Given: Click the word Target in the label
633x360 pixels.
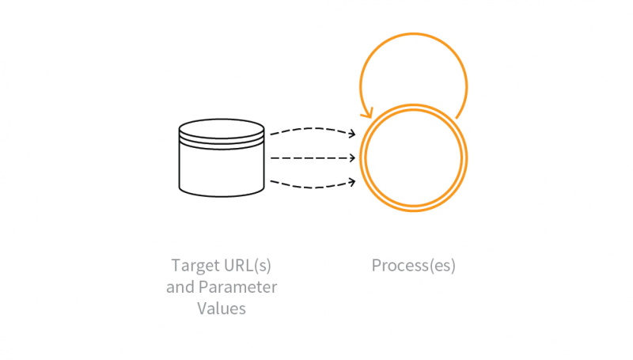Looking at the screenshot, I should coord(194,265).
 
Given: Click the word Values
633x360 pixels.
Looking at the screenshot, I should coord(222,308).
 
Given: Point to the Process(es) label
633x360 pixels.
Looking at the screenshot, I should coord(413,265).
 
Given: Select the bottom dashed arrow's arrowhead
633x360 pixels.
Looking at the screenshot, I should coord(352,183).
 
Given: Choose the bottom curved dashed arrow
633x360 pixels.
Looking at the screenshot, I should coord(309,188).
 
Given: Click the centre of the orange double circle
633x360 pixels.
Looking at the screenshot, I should coord(413,158).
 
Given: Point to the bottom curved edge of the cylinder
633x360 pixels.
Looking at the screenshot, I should coord(221,194).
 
